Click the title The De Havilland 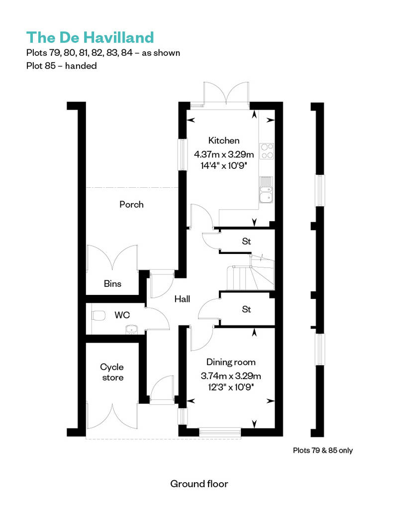(x=90, y=37)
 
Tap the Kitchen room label (x=224, y=140)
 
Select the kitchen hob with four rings (x=267, y=150)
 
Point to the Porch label (x=131, y=204)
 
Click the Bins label (x=112, y=284)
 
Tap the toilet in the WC (x=98, y=315)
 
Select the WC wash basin (x=132, y=328)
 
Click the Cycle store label (x=112, y=372)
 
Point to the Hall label (x=182, y=299)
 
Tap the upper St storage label (x=246, y=242)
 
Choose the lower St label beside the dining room (x=246, y=309)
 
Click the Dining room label (x=231, y=362)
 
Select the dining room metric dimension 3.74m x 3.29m (x=231, y=376)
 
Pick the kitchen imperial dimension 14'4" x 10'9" (x=224, y=164)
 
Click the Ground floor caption (x=199, y=484)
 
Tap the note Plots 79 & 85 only (x=323, y=451)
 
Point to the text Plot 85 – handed (x=61, y=66)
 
